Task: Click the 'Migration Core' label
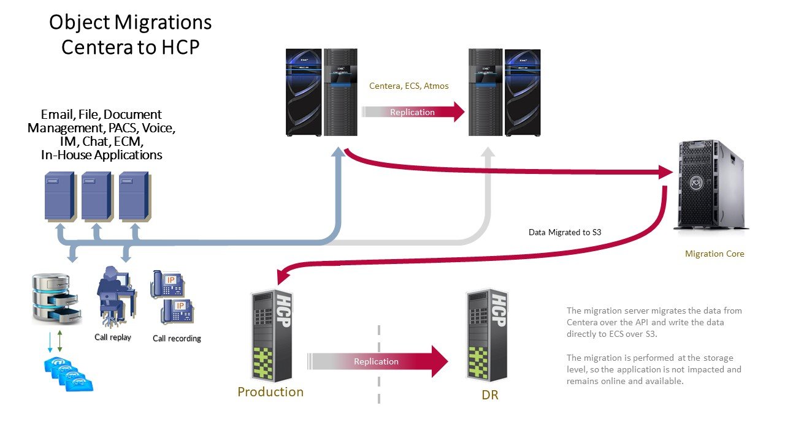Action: (x=714, y=254)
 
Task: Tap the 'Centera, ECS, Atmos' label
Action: (x=408, y=86)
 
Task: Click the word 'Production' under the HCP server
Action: (x=270, y=392)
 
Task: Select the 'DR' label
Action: (x=490, y=395)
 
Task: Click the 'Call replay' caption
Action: (x=113, y=337)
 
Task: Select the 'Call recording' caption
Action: (x=177, y=338)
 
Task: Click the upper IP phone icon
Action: (x=168, y=282)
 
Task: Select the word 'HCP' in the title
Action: (x=178, y=47)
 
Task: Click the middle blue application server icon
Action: (x=96, y=196)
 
